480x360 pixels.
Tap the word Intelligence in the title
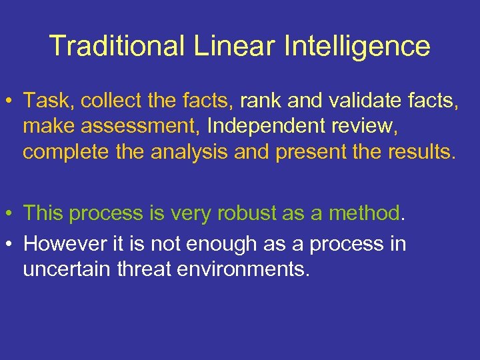[357, 46]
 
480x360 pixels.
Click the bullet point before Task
[13, 101]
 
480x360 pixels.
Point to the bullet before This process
[13, 214]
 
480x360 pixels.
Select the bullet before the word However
[13, 245]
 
